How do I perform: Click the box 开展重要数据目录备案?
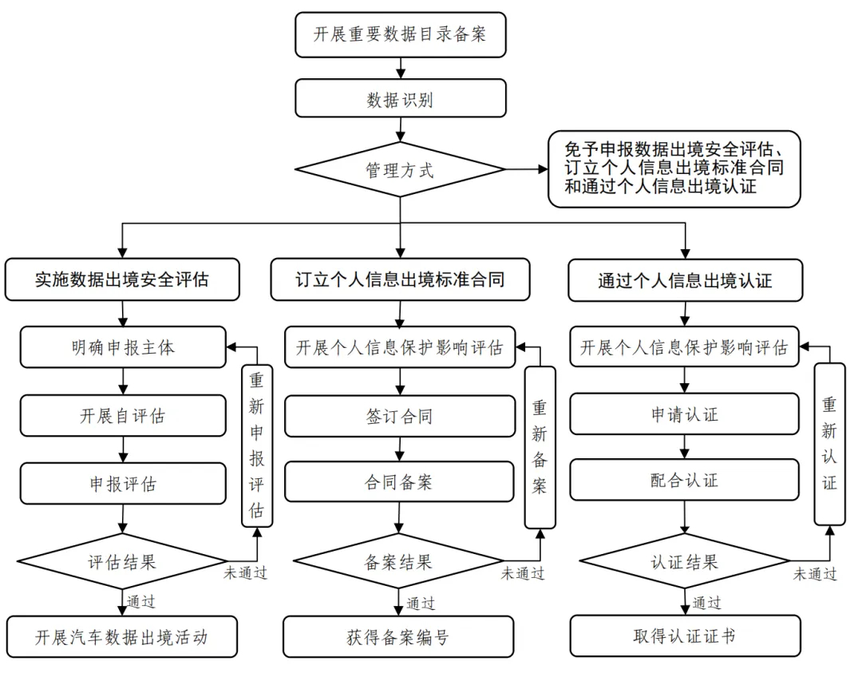coord(401,35)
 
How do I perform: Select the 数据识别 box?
coord(401,100)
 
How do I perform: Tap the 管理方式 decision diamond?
coord(401,170)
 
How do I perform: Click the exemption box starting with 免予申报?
coord(674,168)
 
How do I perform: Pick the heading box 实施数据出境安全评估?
coord(122,280)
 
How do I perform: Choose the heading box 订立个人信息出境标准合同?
coord(400,280)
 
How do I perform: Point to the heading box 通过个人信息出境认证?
coord(685,280)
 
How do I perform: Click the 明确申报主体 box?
coord(122,348)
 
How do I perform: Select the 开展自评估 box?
coord(122,416)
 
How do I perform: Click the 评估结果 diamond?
coord(122,561)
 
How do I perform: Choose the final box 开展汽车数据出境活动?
coord(122,636)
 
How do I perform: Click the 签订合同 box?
coord(400,416)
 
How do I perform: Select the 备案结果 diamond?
coord(399,561)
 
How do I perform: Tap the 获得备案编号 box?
coord(399,636)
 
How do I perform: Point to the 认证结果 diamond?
coord(685,561)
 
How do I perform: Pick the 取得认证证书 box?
coord(685,636)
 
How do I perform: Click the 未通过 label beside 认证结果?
coord(814,574)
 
